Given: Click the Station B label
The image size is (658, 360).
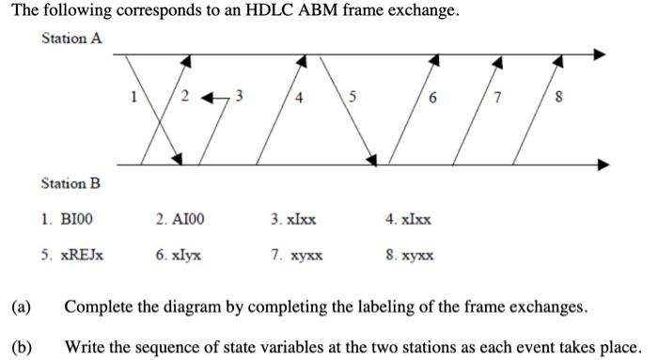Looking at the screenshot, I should click(x=70, y=182).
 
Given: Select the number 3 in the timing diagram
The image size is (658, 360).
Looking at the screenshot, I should click(x=239, y=95).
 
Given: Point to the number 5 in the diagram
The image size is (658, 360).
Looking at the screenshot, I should click(x=352, y=96).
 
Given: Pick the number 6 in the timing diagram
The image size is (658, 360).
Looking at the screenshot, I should click(x=431, y=96).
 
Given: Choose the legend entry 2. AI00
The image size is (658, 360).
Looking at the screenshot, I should click(x=180, y=219).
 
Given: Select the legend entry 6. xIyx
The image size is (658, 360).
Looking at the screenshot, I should click(x=179, y=254).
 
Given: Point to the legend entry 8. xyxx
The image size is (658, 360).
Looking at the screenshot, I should click(x=411, y=254).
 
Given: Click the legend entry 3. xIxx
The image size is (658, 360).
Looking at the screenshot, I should click(x=292, y=219).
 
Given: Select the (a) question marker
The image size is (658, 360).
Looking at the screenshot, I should click(x=21, y=307).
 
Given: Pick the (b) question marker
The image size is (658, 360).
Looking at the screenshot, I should click(x=21, y=345).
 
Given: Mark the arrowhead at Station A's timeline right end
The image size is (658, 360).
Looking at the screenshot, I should click(x=604, y=54).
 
